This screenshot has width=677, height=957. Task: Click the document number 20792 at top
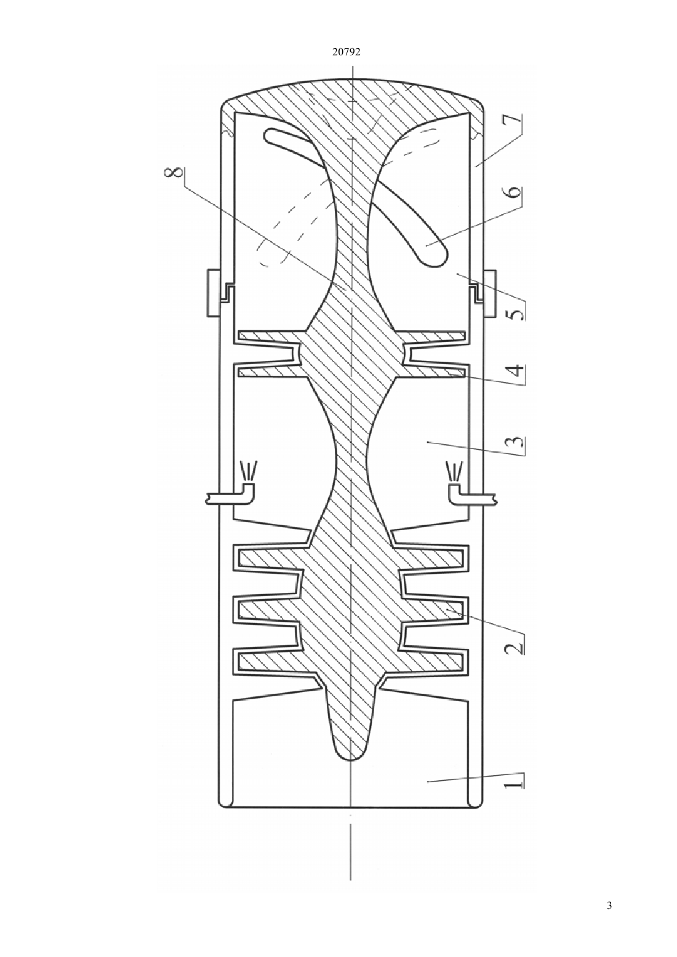(x=346, y=52)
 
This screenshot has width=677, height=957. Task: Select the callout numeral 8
(x=177, y=175)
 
